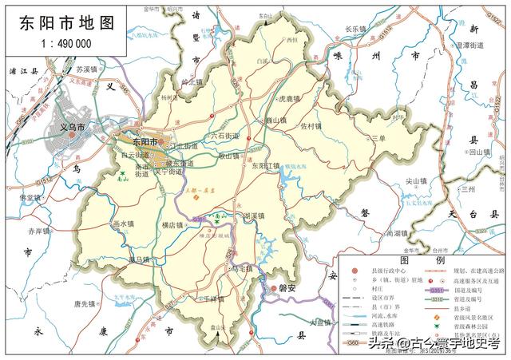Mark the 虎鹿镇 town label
coord(287,99)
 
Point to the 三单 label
coord(378,139)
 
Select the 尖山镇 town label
coord(418,181)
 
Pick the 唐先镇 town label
coord(85,304)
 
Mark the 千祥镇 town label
coord(212,298)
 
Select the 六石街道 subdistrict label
coord(224,136)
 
